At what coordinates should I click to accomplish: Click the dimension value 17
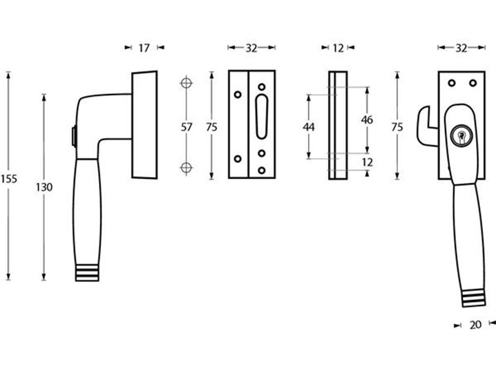click(x=144, y=48)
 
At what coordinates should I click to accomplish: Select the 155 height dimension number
click(x=8, y=178)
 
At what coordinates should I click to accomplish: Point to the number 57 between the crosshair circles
click(x=185, y=126)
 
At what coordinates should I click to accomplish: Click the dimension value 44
click(x=309, y=126)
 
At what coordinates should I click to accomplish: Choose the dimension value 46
click(x=367, y=120)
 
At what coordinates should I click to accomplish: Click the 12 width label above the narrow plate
click(x=337, y=48)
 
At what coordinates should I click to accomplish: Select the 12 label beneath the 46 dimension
click(x=367, y=162)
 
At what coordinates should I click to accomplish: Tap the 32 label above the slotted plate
click(x=251, y=48)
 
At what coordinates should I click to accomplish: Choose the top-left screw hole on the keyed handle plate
click(x=452, y=84)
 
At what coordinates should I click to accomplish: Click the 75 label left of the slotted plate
click(x=213, y=126)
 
